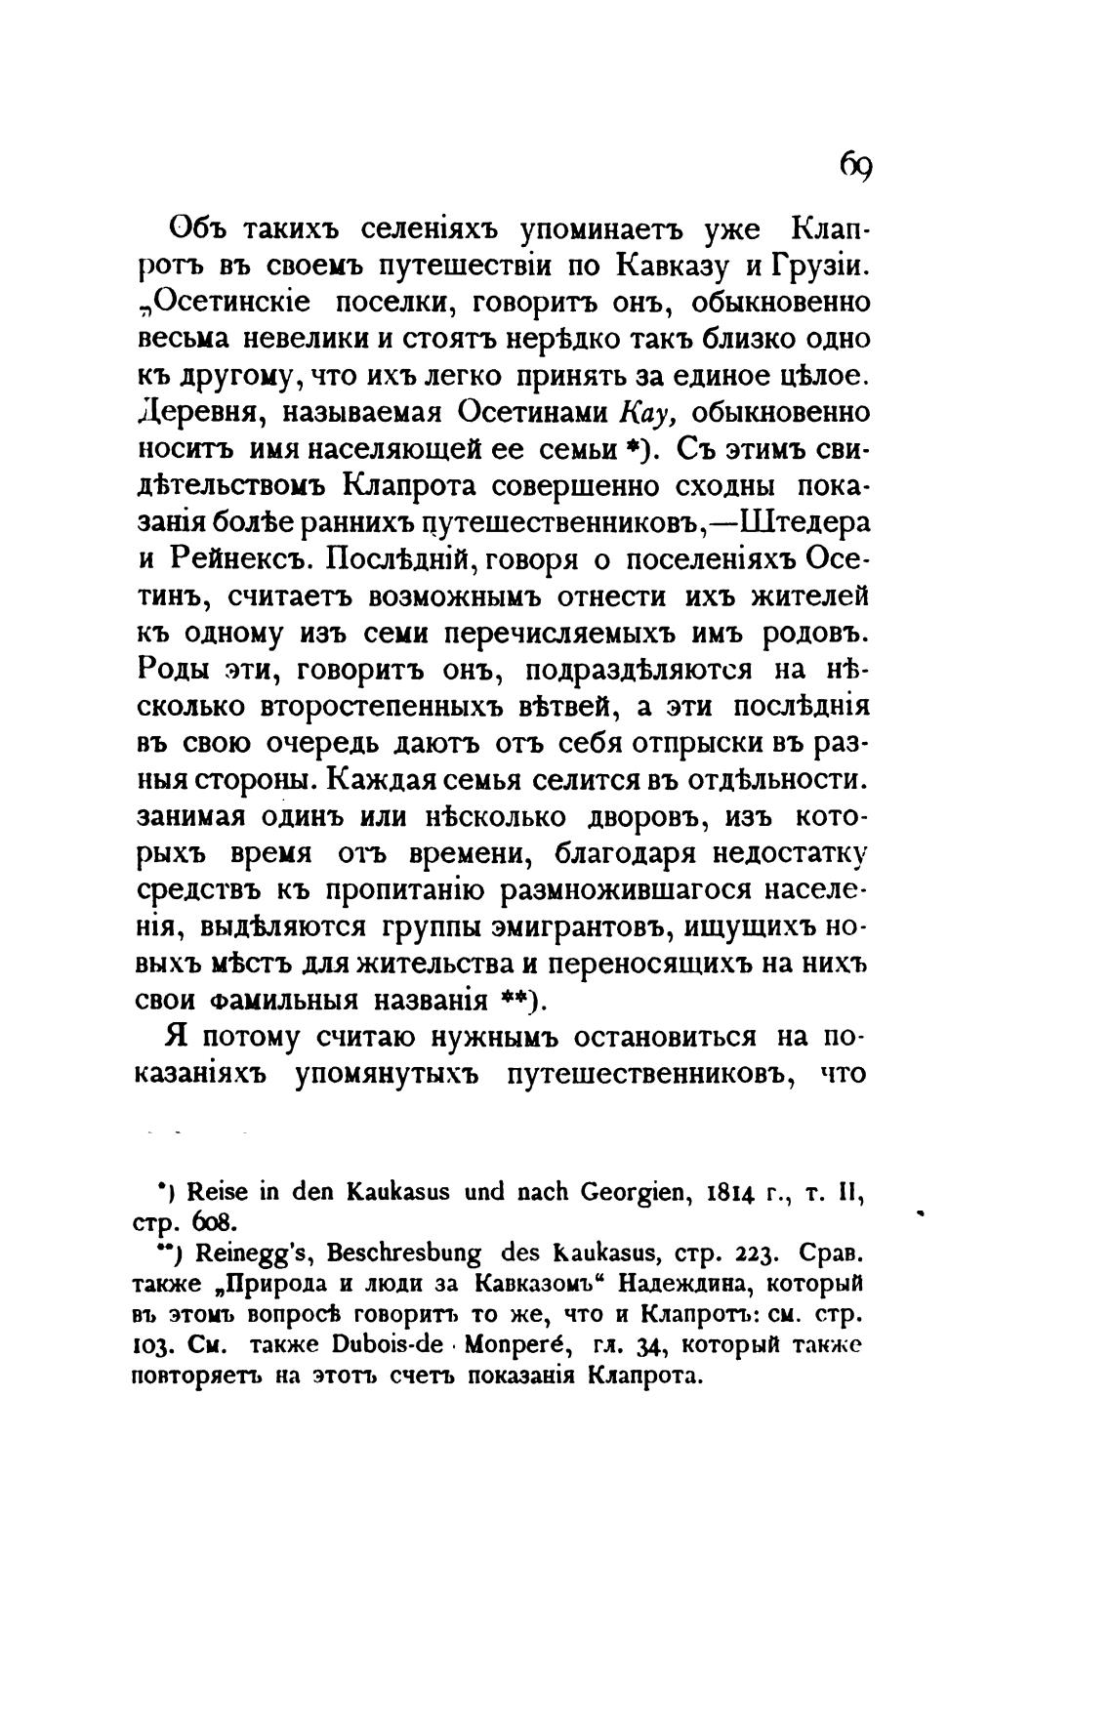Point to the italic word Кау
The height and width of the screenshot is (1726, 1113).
coord(640,414)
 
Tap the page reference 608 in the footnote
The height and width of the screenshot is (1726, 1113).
coord(215,1221)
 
